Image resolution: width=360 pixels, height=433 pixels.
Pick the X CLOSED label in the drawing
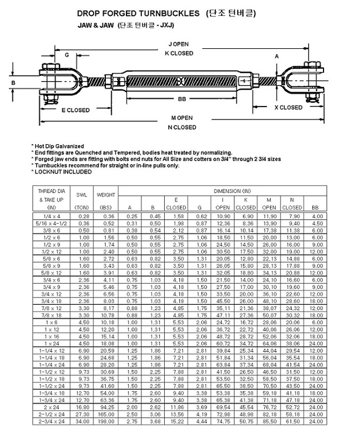tap(305, 108)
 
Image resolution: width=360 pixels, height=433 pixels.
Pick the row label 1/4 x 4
tap(52, 217)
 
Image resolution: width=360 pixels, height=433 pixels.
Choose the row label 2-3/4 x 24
tap(52, 421)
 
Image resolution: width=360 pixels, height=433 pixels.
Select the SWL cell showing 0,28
tap(82, 217)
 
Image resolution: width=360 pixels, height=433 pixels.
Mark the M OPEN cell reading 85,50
tap(269, 421)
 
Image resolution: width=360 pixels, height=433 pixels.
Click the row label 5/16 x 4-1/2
tap(52, 224)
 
